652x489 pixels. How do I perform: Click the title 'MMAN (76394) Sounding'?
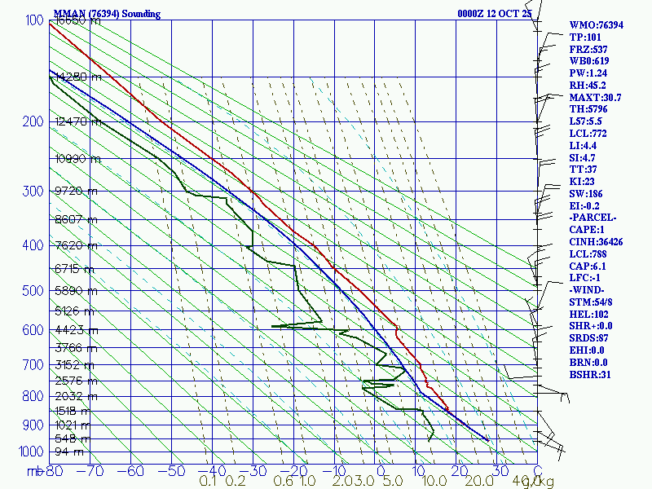pyautogui.click(x=107, y=14)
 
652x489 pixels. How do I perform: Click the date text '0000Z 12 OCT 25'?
pyautogui.click(x=494, y=14)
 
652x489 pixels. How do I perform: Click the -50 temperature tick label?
pyautogui.click(x=173, y=471)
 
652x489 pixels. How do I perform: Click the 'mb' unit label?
pyautogui.click(x=34, y=471)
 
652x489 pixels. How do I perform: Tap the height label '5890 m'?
pyautogui.click(x=73, y=290)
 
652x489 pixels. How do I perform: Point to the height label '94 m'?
pyautogui.click(x=68, y=452)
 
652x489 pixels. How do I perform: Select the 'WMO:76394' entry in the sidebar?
pyautogui.click(x=596, y=25)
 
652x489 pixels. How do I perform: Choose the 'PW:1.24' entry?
pyautogui.click(x=589, y=73)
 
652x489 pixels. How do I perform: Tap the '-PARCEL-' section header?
pyautogui.click(x=593, y=218)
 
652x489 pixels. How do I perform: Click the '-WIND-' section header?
pyautogui.click(x=588, y=290)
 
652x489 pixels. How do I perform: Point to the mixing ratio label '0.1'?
pyautogui.click(x=209, y=481)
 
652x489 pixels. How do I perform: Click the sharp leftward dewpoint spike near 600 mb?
pyautogui.click(x=274, y=326)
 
